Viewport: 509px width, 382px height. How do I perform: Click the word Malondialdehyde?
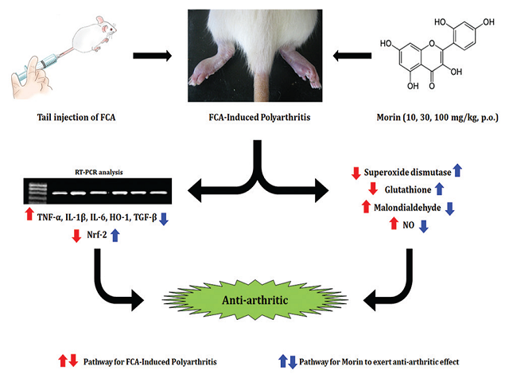406,207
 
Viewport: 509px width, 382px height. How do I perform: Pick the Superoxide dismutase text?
406,170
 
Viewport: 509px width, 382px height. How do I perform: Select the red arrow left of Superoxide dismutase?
356,170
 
